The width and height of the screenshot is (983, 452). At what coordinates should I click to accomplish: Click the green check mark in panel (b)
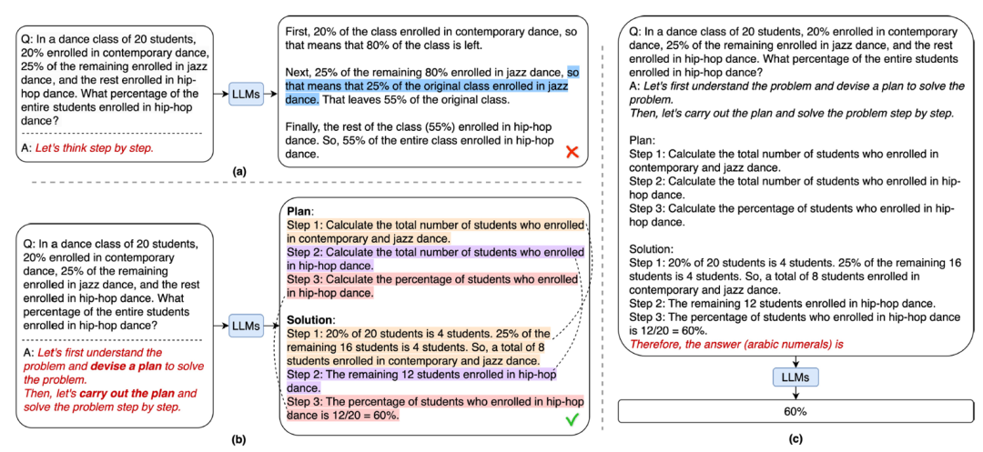pos(573,418)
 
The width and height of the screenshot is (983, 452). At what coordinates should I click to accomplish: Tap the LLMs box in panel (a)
pos(246,93)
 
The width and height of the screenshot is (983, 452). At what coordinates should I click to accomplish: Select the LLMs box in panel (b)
pos(246,325)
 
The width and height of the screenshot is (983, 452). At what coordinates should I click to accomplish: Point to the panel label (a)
pos(238,170)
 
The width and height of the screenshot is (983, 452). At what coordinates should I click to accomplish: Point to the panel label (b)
pos(238,439)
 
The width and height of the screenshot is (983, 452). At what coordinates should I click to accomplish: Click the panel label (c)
pos(796,439)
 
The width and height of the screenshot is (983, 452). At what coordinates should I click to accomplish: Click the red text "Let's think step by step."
pos(93,148)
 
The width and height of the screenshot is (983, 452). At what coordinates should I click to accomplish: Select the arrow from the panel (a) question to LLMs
pos(218,93)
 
